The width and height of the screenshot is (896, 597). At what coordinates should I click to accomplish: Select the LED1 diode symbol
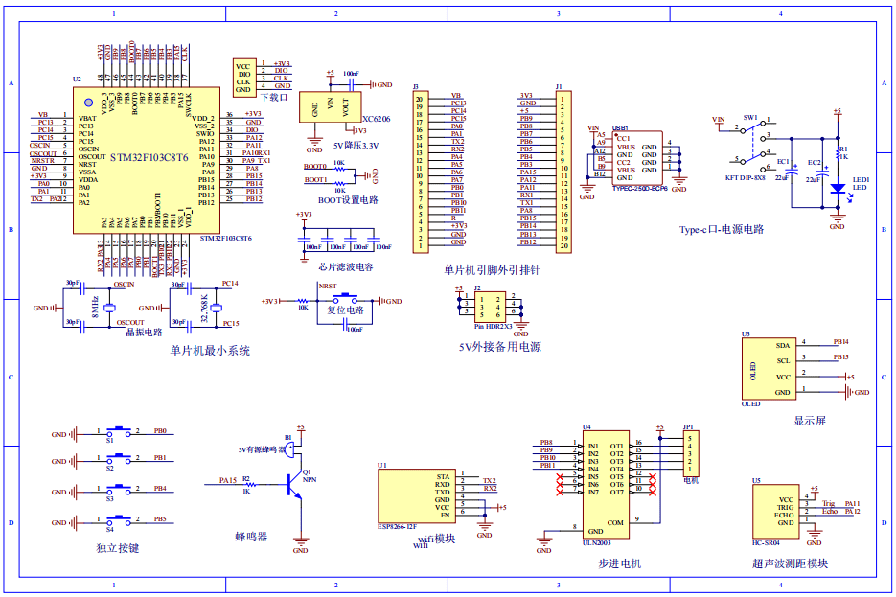(837, 189)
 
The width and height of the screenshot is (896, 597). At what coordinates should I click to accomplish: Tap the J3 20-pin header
(418, 172)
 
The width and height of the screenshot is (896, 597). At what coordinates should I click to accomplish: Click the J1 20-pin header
(564, 172)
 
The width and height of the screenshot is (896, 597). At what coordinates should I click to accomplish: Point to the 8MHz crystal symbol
(109, 308)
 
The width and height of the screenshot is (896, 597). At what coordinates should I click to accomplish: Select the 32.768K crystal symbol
(216, 308)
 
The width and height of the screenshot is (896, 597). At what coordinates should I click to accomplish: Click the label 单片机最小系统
(210, 351)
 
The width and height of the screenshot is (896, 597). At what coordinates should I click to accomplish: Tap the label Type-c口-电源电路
(722, 230)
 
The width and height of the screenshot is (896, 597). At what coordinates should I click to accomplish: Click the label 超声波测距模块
(790, 563)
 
